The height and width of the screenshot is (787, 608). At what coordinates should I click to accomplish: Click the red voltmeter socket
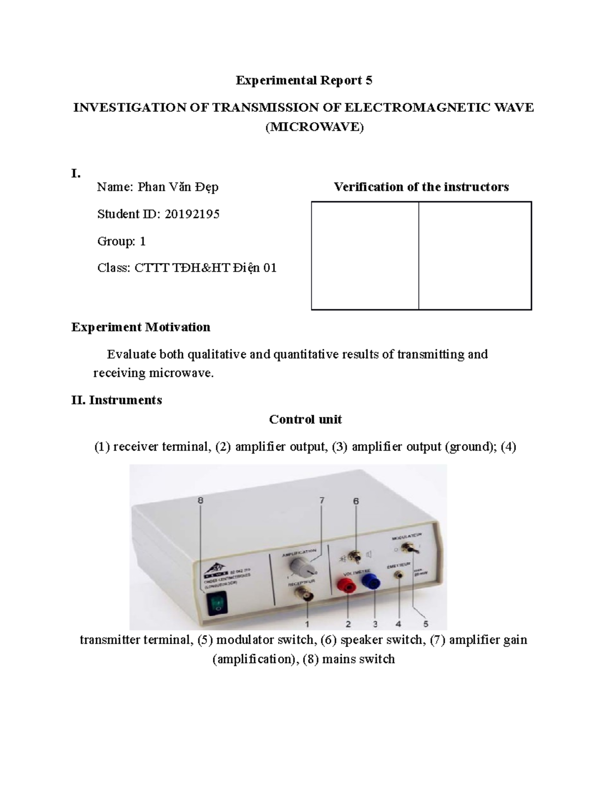(348, 587)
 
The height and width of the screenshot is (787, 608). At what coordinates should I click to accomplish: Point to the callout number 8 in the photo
(201, 500)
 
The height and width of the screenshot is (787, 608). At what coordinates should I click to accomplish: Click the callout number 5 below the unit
(426, 623)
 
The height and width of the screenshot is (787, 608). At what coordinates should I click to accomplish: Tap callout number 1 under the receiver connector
(308, 623)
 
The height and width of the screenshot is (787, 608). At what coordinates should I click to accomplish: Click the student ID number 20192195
(192, 214)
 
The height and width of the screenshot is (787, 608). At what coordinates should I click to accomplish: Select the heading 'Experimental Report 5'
(304, 80)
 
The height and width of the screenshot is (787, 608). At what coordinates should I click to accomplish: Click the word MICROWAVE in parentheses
(315, 127)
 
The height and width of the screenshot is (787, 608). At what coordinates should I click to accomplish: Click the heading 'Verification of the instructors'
(421, 187)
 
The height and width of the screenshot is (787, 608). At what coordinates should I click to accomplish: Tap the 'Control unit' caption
(305, 419)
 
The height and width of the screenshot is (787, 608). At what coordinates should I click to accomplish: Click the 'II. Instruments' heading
(117, 400)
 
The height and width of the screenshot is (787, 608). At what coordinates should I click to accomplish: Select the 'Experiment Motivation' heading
(140, 327)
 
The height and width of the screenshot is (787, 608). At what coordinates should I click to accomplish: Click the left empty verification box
(365, 255)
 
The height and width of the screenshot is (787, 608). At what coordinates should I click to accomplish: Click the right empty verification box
(475, 255)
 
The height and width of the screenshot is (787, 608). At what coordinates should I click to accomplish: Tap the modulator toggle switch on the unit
(406, 548)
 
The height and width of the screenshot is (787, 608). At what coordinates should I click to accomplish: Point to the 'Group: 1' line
(122, 241)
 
